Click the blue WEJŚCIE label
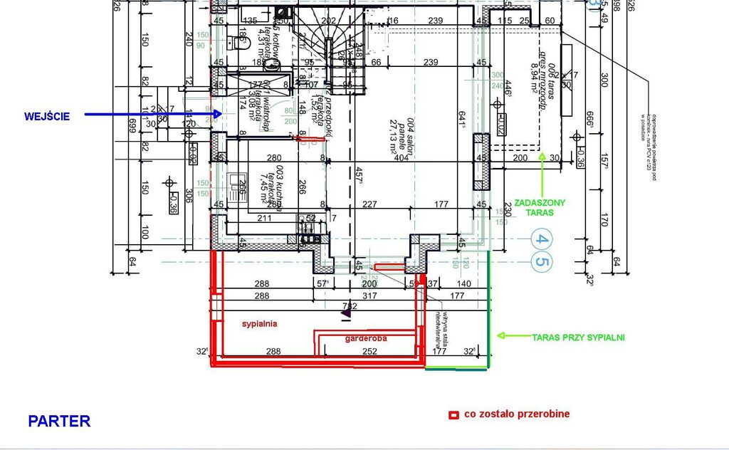[46, 116]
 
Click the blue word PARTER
[59, 421]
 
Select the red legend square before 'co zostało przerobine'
[453, 414]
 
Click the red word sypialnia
[259, 323]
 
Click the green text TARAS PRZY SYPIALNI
[578, 337]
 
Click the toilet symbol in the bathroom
[238, 44]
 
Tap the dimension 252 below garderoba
[369, 351]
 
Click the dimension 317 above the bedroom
[369, 295]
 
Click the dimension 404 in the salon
[401, 158]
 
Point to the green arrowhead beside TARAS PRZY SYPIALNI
[500, 335]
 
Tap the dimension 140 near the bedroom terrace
[463, 284]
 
